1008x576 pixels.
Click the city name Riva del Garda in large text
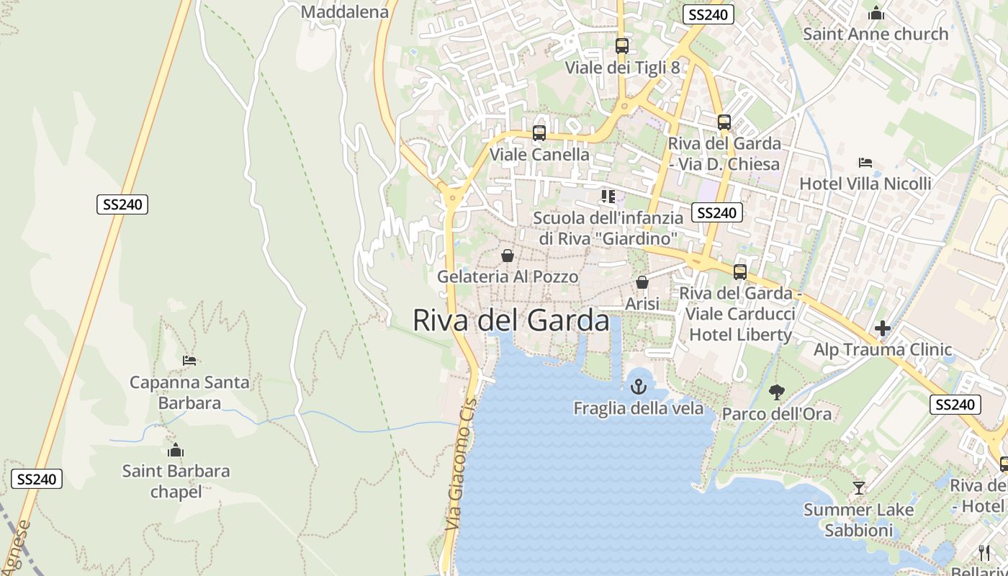511,320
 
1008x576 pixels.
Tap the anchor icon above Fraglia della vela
639,387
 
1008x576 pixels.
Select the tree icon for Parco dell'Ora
776,392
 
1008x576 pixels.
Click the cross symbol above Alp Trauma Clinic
883,329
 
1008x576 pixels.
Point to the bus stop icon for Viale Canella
539,133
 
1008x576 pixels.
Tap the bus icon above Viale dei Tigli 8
622,46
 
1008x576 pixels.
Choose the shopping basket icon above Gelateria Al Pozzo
508,256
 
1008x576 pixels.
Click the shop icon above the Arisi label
642,282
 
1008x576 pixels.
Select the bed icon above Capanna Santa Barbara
189,360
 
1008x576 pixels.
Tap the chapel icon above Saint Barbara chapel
176,451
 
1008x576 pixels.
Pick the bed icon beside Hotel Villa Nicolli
865,163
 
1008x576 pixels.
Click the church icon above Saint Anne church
876,13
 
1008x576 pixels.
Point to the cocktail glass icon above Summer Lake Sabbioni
858,488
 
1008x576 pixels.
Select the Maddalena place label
344,12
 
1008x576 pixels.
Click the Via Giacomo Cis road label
462,464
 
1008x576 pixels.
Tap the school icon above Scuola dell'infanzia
608,196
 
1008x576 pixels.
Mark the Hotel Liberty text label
741,335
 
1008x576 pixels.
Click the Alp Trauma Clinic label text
883,350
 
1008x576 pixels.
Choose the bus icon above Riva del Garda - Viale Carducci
739,272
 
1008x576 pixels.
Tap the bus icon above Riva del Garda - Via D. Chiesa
724,122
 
